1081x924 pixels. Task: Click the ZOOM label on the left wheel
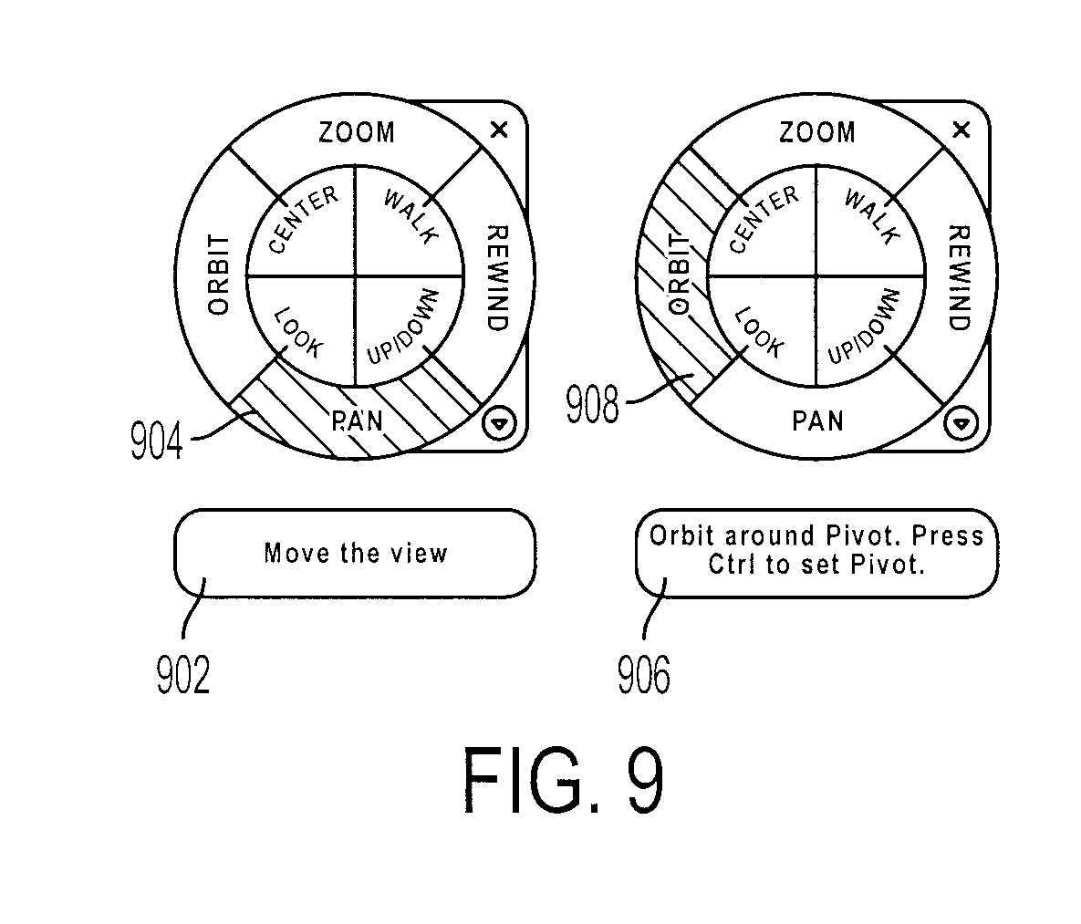coord(357,131)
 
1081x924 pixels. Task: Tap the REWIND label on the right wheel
coord(960,277)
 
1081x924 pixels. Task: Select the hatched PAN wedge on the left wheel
coord(356,407)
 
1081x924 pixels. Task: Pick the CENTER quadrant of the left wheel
coord(301,222)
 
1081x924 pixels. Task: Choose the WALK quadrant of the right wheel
coord(870,222)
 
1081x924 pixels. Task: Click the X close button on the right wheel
coord(961,129)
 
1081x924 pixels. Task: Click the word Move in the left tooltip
coord(296,553)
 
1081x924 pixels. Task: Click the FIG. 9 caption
coord(563,779)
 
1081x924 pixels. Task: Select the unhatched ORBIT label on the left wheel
coord(219,275)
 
